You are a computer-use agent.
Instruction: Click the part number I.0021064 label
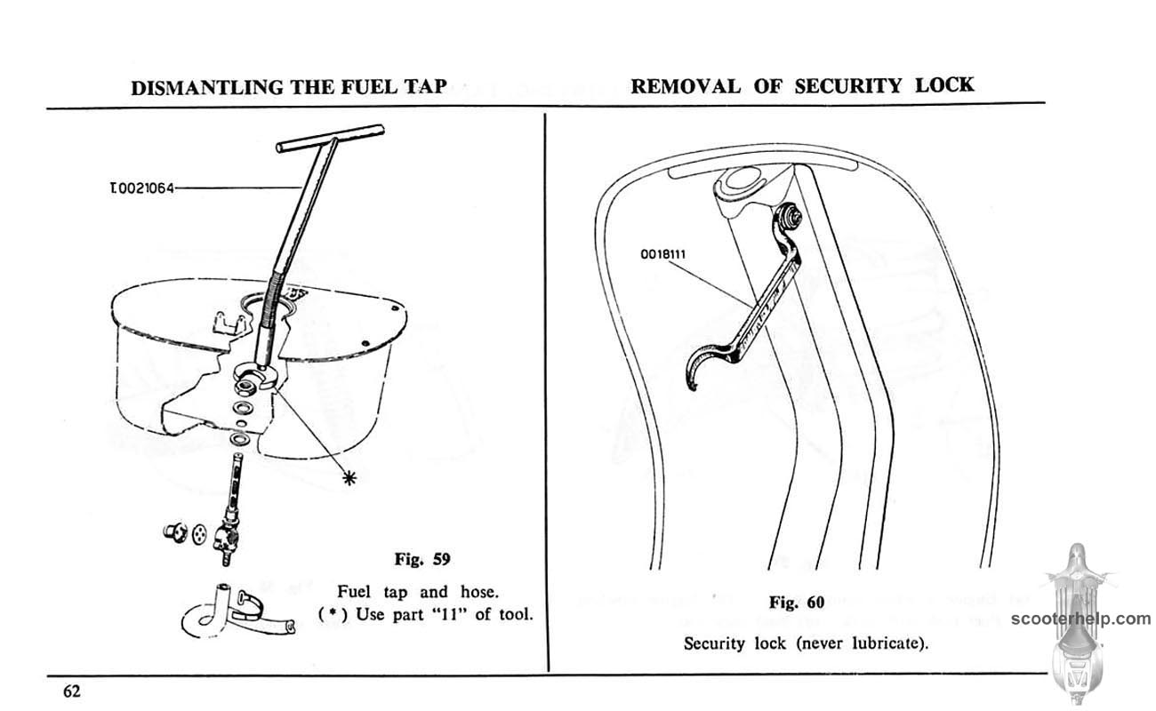(x=140, y=188)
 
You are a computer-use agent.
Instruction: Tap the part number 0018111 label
(x=664, y=253)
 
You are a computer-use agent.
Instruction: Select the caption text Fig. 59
(x=422, y=559)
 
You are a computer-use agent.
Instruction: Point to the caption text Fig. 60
(x=798, y=602)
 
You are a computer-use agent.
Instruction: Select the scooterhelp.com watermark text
(x=1080, y=619)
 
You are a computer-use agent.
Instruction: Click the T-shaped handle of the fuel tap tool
(x=330, y=138)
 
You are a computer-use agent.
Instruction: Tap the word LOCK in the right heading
(x=944, y=84)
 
